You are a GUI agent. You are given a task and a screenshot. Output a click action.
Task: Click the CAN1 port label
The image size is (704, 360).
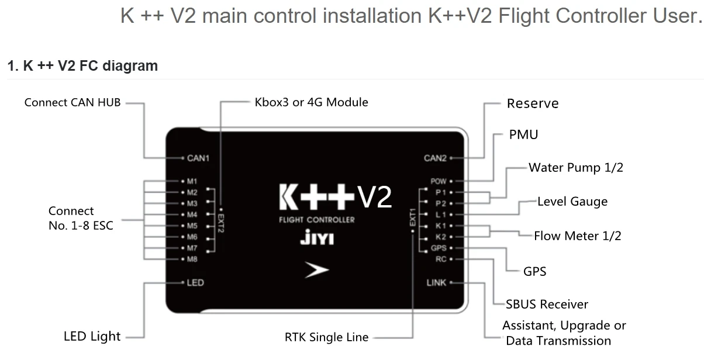(x=198, y=158)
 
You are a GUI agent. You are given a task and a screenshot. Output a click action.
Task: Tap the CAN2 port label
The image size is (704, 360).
(x=435, y=158)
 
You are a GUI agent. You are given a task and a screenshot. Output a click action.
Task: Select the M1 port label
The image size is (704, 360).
(x=192, y=181)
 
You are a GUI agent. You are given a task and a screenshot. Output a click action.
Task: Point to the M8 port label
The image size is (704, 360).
(x=192, y=259)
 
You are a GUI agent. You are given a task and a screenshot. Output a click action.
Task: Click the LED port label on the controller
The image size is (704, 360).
(x=195, y=283)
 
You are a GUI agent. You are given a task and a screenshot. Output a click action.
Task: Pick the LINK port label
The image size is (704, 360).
(x=436, y=283)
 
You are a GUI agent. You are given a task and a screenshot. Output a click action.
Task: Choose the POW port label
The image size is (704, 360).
(x=439, y=181)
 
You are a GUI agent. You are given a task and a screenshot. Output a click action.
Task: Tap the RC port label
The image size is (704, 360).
(x=441, y=259)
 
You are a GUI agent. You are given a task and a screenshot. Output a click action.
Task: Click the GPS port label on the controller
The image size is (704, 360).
(x=439, y=248)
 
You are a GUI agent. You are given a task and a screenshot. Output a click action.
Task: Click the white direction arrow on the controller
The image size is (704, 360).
(x=316, y=270)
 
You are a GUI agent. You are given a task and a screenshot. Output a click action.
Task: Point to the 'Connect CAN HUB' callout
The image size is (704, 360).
(x=73, y=103)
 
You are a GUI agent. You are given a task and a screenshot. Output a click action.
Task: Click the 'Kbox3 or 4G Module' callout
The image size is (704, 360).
(x=311, y=102)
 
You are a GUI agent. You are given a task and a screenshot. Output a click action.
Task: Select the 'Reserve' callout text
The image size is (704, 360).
(x=533, y=104)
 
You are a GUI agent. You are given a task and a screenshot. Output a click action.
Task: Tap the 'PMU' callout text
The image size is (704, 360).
(x=523, y=135)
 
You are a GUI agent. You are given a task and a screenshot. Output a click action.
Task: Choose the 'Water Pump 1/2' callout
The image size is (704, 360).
(x=576, y=168)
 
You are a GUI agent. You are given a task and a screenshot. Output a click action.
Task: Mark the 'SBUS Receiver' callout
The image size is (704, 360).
(x=547, y=304)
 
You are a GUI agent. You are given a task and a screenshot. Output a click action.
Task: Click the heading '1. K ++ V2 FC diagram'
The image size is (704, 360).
(x=82, y=66)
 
